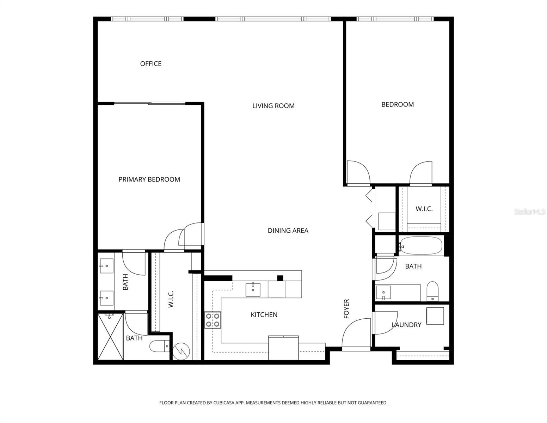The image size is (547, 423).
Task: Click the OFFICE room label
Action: [150, 64]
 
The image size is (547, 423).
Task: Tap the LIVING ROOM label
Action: [273, 106]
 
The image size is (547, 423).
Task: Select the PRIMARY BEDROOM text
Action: [149, 179]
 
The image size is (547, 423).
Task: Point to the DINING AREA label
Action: [288, 231]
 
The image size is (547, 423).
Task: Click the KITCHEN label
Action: [264, 315]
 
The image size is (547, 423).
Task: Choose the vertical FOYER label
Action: [346, 309]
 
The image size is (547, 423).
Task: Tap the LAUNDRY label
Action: [406, 325]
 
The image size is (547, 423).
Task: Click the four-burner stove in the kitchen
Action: [213, 320]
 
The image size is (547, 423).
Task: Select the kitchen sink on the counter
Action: [253, 289]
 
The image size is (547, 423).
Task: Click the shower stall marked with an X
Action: [110, 337]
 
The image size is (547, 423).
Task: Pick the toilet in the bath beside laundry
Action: [432, 291]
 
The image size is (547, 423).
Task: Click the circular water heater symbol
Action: [181, 351]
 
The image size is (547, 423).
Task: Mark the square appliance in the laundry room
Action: [435, 316]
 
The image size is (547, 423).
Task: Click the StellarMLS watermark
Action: [529, 211]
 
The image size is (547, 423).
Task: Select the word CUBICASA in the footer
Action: [225, 403]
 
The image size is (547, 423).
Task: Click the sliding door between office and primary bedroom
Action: [150, 103]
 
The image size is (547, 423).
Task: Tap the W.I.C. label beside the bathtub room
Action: [424, 209]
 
